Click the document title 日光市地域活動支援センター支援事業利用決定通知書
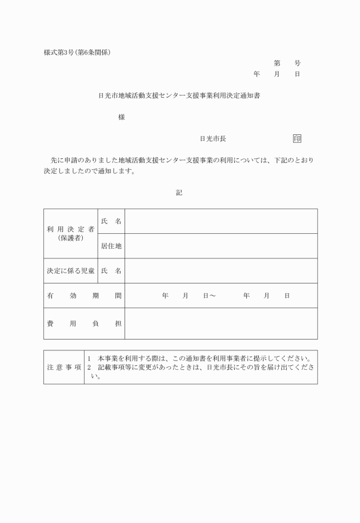tap(179, 95)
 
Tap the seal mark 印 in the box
tap(297, 138)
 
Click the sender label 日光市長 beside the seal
tap(213, 138)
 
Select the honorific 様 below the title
tap(121, 117)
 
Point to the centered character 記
tap(179, 193)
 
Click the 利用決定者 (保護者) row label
tap(71, 233)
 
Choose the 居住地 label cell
tap(111, 246)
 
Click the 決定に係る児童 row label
tap(71, 271)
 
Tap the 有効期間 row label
tap(84, 296)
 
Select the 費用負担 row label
tap(84, 324)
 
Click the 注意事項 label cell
tap(64, 367)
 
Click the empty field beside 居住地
tap(221, 246)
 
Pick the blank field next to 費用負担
tap(221, 324)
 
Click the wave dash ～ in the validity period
tap(213, 296)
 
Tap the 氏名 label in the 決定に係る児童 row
tap(111, 271)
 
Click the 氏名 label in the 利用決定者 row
tap(111, 221)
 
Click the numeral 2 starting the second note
tap(90, 367)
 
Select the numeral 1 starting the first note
tap(90, 358)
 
